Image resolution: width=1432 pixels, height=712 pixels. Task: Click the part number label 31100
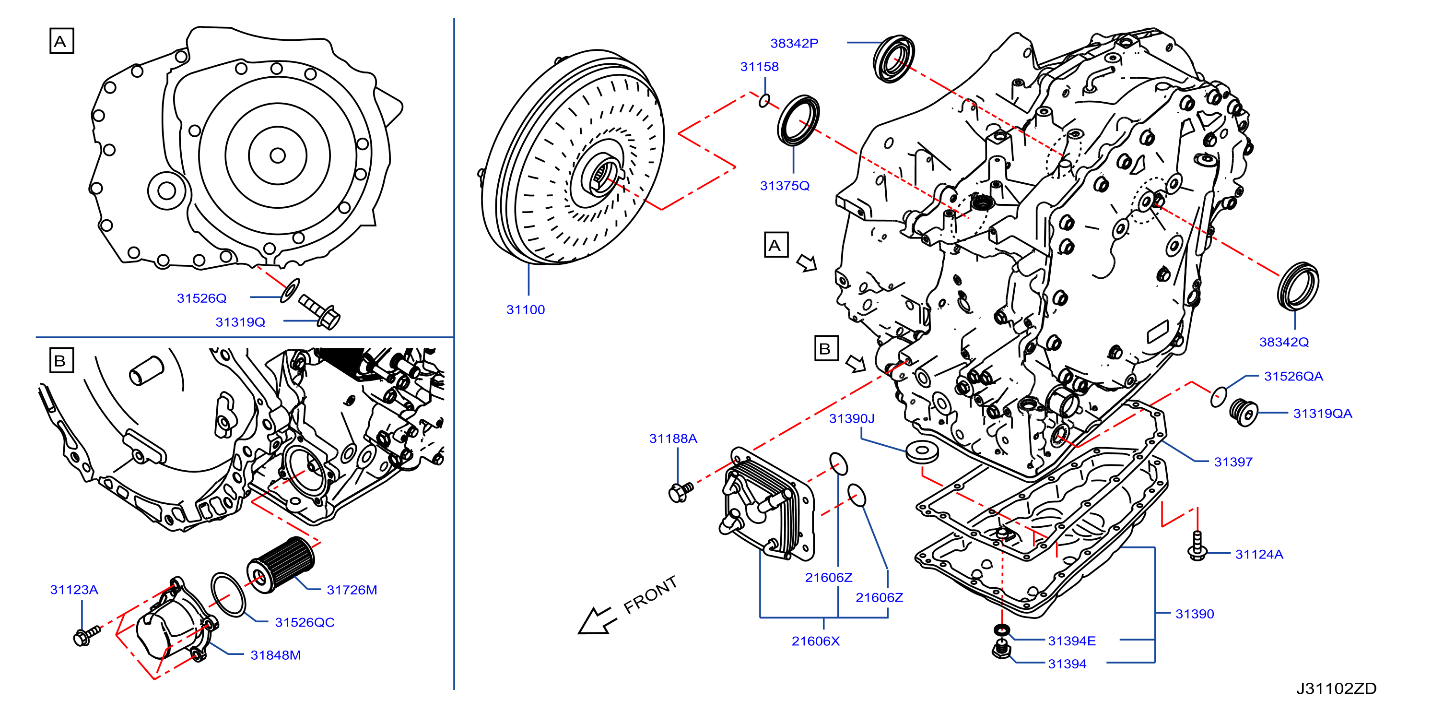click(x=525, y=310)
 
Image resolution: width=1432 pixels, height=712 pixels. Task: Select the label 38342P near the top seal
click(x=794, y=43)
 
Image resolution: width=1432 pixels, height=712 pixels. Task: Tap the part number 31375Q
click(x=785, y=186)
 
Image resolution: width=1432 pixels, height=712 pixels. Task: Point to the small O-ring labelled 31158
click(x=765, y=101)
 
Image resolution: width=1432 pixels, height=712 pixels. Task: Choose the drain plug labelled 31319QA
click(x=1244, y=412)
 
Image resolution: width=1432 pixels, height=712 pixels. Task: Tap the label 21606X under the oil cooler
click(x=815, y=641)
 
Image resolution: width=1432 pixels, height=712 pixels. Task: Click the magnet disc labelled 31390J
click(x=922, y=451)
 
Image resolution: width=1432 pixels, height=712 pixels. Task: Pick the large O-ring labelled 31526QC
click(x=228, y=594)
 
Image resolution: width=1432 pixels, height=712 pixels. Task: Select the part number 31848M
click(x=276, y=655)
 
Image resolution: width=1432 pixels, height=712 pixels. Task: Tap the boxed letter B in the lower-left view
click(x=61, y=360)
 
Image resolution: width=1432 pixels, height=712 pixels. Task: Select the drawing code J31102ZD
click(x=1337, y=688)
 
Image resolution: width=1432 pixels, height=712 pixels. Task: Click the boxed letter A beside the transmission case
click(x=776, y=245)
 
